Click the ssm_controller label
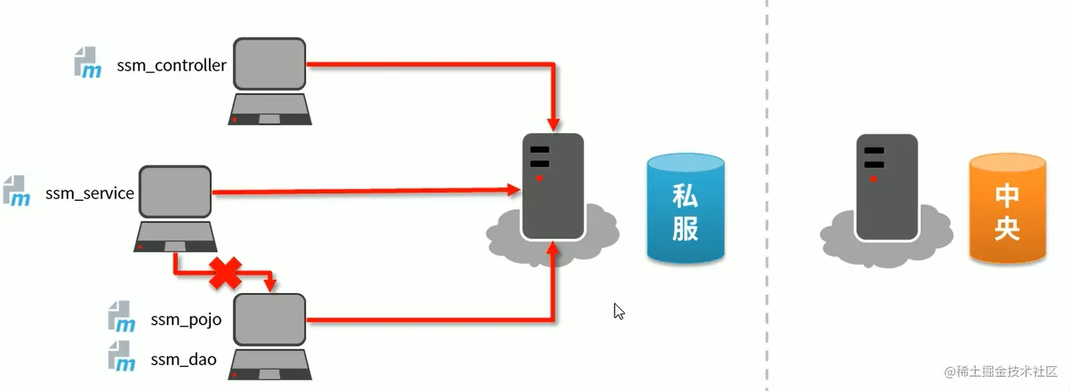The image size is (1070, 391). point(172,66)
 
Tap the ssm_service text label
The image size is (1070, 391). point(90,193)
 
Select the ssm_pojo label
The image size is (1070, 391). point(186,320)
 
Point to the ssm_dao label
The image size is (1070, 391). point(183,360)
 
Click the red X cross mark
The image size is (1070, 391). point(226,273)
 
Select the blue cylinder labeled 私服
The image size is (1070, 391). point(685,209)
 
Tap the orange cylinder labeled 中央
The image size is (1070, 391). point(1007,209)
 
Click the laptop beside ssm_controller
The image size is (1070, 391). point(270,81)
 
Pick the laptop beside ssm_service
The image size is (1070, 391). point(175,209)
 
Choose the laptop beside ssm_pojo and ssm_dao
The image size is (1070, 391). point(270,337)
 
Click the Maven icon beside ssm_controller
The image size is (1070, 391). point(88,62)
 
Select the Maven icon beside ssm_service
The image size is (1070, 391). point(16,191)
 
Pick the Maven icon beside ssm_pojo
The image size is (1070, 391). point(122,316)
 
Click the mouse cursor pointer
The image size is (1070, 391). point(619,311)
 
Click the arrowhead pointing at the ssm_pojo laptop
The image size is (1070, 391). point(270,285)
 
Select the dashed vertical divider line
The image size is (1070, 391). point(766,195)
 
